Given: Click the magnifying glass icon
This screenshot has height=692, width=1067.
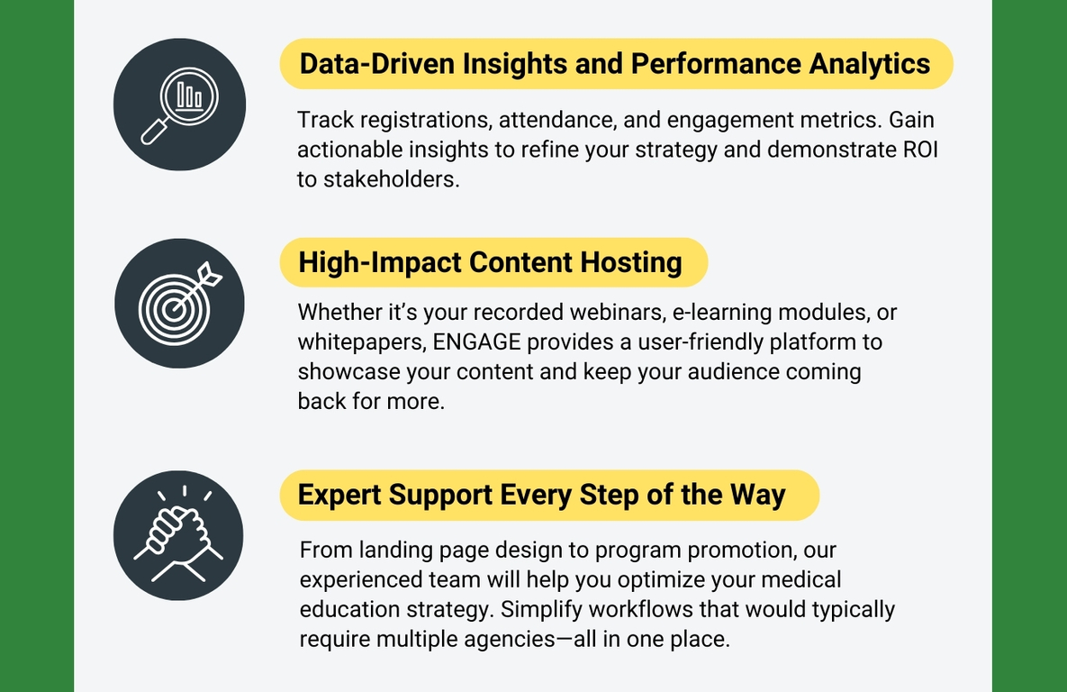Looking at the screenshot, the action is tap(180, 105).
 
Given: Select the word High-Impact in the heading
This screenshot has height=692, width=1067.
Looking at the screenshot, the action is tap(380, 263).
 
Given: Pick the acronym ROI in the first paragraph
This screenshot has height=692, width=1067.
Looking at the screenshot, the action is tap(921, 150).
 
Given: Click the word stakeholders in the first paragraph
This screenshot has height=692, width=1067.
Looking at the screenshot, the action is tap(392, 180).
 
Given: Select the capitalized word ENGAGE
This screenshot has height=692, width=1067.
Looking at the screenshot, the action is tap(477, 341).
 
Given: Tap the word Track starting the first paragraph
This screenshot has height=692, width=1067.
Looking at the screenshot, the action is tap(325, 120).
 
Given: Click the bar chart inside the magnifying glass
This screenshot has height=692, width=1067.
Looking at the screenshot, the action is tap(189, 96).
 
